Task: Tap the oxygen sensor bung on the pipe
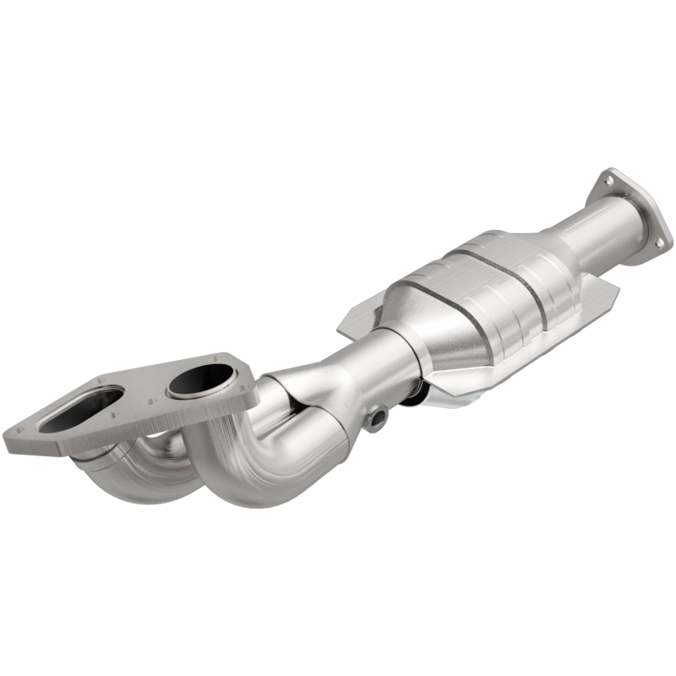click(x=378, y=416)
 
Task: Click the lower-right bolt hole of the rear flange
click(x=659, y=243)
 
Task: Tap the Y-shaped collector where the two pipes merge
click(x=313, y=397)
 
